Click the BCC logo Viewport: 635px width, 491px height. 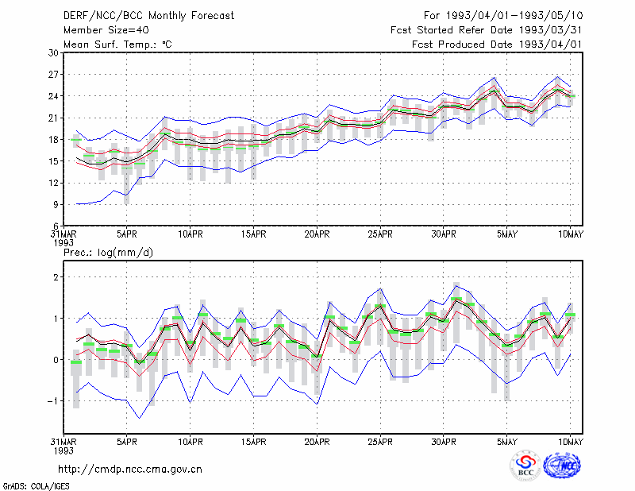pos(525,466)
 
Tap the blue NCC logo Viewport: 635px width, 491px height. pos(562,466)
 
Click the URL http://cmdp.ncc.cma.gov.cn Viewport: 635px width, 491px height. pos(130,470)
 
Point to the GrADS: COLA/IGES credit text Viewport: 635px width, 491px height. pos(36,486)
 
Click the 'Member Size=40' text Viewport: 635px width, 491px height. pos(106,30)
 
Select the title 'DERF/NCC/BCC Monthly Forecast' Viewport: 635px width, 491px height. pos(148,16)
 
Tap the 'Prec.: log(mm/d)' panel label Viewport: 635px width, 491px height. pos(108,253)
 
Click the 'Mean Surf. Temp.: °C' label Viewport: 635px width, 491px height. pos(117,44)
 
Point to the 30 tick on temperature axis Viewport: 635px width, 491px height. pos(53,52)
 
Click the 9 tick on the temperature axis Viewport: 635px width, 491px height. pos(56,205)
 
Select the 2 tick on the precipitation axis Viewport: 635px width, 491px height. pos(56,277)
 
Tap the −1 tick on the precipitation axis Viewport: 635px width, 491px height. pos(52,401)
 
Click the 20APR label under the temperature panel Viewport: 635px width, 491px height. pos(317,234)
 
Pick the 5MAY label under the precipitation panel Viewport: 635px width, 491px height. pos(507,442)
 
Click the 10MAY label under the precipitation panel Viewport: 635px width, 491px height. pos(570,442)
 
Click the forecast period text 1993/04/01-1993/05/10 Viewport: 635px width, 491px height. pos(514,16)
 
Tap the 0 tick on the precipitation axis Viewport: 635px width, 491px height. pos(56,360)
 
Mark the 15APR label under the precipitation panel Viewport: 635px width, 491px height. pos(253,442)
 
